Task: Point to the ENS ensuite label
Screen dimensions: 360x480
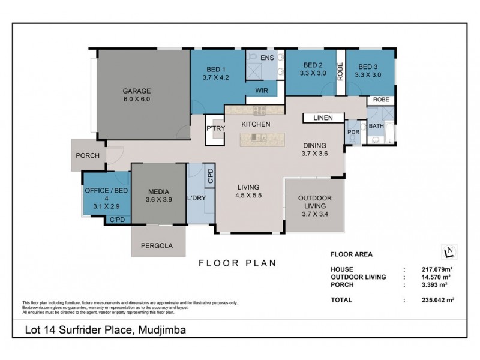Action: click(x=267, y=57)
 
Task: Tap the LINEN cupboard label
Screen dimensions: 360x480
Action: click(x=322, y=118)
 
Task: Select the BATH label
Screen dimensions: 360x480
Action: click(x=376, y=126)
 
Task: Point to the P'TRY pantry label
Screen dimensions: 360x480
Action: click(x=215, y=128)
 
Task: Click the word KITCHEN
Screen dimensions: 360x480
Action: click(x=256, y=124)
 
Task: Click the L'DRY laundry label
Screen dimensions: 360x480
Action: click(x=196, y=197)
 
